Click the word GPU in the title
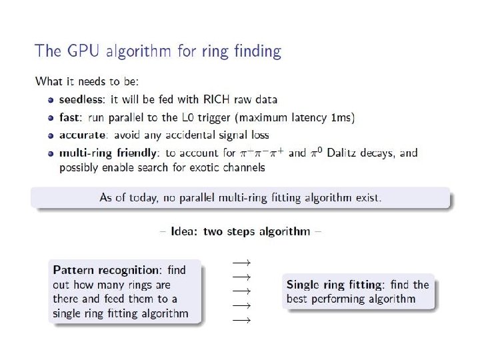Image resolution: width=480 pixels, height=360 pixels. (x=83, y=51)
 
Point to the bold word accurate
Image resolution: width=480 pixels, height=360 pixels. (x=82, y=135)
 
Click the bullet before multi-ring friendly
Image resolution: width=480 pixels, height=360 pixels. (x=51, y=153)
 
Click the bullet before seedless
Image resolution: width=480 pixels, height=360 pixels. (x=51, y=99)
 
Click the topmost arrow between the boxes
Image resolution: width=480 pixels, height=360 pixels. (x=240, y=260)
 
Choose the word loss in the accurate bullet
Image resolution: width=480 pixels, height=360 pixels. (x=259, y=135)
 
